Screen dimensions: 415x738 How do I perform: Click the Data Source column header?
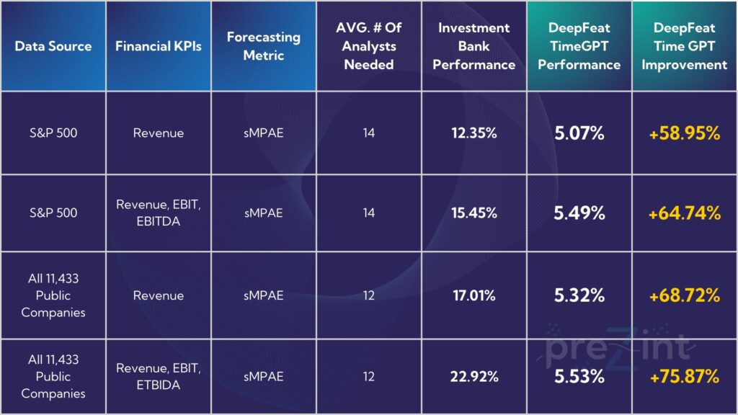point(53,46)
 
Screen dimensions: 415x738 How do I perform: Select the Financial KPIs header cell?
point(159,46)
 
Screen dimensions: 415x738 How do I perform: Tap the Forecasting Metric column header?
point(264,46)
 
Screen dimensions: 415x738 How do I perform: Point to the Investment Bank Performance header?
point(474,46)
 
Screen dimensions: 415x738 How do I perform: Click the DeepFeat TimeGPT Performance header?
point(579,46)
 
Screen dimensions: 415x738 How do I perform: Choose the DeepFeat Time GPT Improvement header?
point(685,46)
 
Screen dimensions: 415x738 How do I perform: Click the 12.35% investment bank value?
point(474,133)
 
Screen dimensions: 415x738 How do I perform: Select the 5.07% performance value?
point(579,133)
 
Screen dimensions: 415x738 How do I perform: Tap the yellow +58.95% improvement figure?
point(685,133)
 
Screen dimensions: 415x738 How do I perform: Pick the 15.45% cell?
point(474,213)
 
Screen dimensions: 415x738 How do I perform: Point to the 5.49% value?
point(579,213)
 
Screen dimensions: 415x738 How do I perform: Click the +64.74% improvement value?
point(685,213)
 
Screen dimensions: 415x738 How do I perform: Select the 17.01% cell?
point(474,295)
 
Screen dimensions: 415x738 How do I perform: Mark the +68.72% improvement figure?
point(685,295)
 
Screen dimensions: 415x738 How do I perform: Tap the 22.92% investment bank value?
point(474,376)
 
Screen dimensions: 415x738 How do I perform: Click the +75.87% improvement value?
point(685,376)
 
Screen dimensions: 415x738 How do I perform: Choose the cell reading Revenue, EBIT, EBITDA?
point(159,213)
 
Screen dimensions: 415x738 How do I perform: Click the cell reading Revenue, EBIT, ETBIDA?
point(159,376)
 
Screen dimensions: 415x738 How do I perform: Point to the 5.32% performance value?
point(579,295)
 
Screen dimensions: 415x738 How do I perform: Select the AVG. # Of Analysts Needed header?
point(369,46)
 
